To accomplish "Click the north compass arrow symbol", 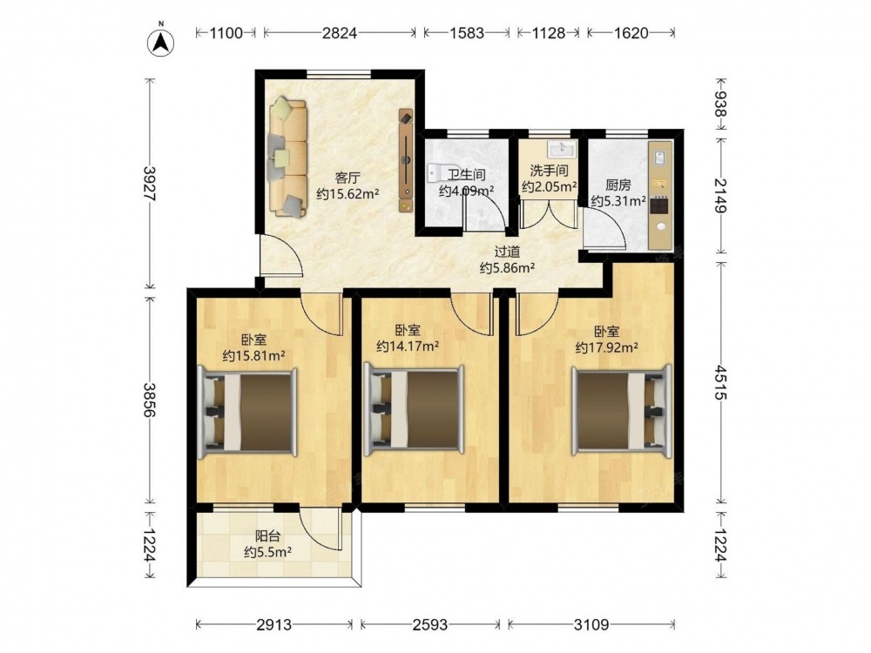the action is point(160,42).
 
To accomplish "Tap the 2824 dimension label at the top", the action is point(340,33).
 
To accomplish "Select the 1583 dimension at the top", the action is point(467,33).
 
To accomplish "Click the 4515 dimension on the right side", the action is point(720,382).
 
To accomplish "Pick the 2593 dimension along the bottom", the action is point(430,624).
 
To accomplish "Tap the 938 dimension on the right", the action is point(720,105).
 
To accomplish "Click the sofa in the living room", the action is point(287,158).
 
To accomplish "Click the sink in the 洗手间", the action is point(562,149).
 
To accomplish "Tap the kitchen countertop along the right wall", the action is point(660,195).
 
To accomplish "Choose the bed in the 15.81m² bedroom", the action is point(247,411).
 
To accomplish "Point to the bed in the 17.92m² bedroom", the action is point(622,410).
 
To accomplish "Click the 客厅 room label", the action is point(348,178).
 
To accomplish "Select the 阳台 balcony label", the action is point(267,536).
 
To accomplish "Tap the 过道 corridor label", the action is point(507,252).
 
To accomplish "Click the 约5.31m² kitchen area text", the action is point(618,201).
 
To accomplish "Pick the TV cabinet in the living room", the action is point(407,160).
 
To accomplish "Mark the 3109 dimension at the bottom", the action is point(591,624).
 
